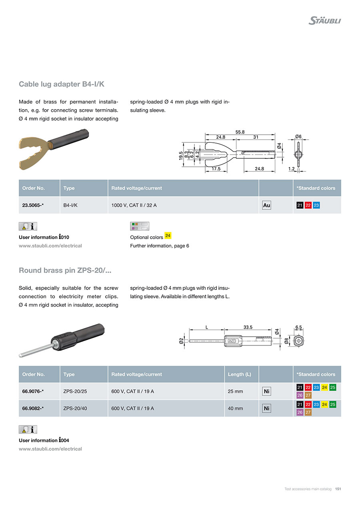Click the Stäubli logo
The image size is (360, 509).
point(324,20)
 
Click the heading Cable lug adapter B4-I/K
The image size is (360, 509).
point(62,84)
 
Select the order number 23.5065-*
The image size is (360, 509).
point(33,205)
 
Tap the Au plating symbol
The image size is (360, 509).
point(266,205)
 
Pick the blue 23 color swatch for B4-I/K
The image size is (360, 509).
point(316,205)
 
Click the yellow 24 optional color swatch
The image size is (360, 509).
point(168,236)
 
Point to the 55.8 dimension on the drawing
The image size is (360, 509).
point(240,132)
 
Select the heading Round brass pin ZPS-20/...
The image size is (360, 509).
point(65,271)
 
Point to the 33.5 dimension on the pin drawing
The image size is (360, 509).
point(248,327)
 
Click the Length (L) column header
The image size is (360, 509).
point(240,374)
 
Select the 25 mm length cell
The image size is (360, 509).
point(235,391)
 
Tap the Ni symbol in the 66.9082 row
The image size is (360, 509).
point(266,408)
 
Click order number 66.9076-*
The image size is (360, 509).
point(33,391)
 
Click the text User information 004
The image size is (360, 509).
point(44,440)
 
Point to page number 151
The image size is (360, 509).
point(338,489)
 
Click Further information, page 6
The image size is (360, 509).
point(160,246)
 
